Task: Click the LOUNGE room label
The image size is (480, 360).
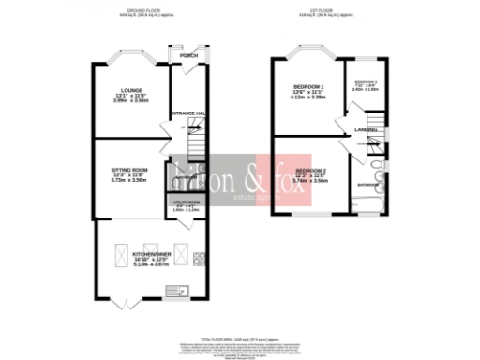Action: (x=129, y=91)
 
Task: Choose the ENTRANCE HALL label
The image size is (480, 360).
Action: (x=187, y=112)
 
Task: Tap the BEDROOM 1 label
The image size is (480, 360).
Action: (x=308, y=87)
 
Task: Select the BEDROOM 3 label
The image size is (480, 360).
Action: (x=365, y=82)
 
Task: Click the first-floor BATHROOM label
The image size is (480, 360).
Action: (x=367, y=185)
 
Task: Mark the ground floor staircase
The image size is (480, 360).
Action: (x=196, y=142)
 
